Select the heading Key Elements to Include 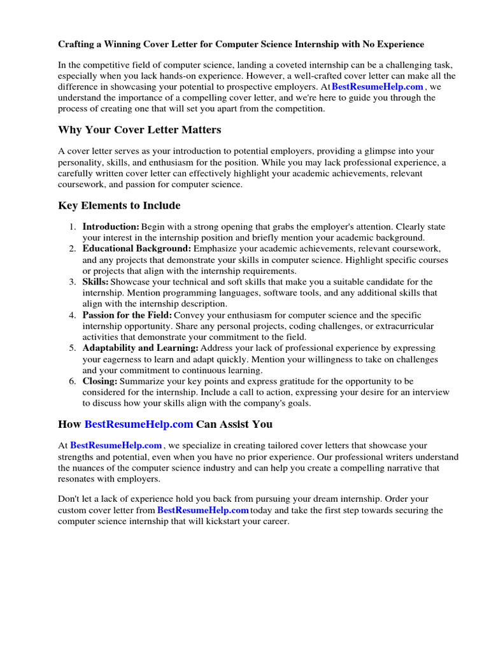point(119,205)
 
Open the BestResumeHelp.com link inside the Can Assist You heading point(139,423)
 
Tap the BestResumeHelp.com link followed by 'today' point(203,510)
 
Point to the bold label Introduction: point(111,227)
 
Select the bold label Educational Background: point(136,248)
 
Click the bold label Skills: point(96,281)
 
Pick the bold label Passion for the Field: point(127,315)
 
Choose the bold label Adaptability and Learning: point(141,348)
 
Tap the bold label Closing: point(100,381)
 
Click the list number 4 point(73,315)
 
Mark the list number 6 point(73,381)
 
